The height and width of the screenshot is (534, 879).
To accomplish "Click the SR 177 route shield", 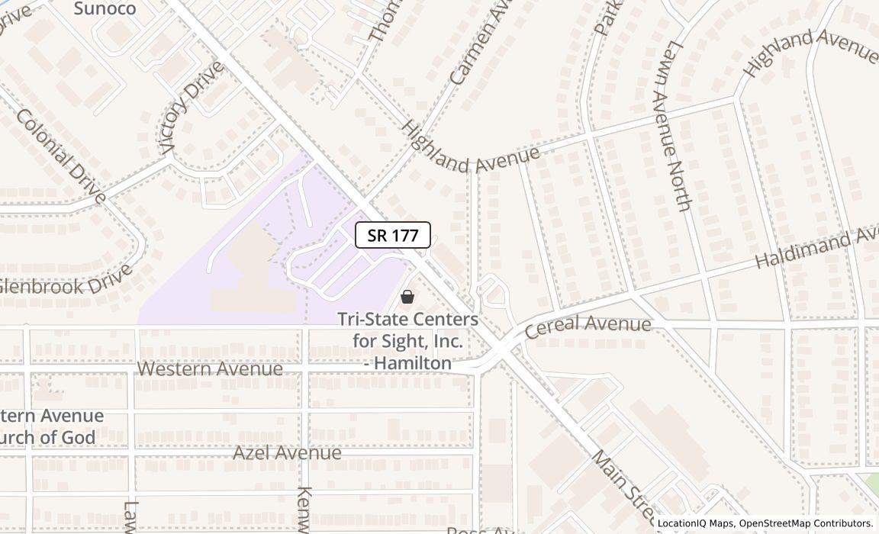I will click(393, 235).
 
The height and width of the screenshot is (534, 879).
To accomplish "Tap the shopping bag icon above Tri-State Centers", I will click(407, 296).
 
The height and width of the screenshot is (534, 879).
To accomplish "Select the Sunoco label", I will click(105, 9).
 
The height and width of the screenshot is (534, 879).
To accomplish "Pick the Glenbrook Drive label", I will click(67, 280).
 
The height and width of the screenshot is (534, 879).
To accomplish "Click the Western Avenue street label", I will click(210, 369).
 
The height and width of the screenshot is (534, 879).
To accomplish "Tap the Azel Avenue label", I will click(287, 453).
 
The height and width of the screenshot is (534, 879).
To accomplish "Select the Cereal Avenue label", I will click(588, 325).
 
